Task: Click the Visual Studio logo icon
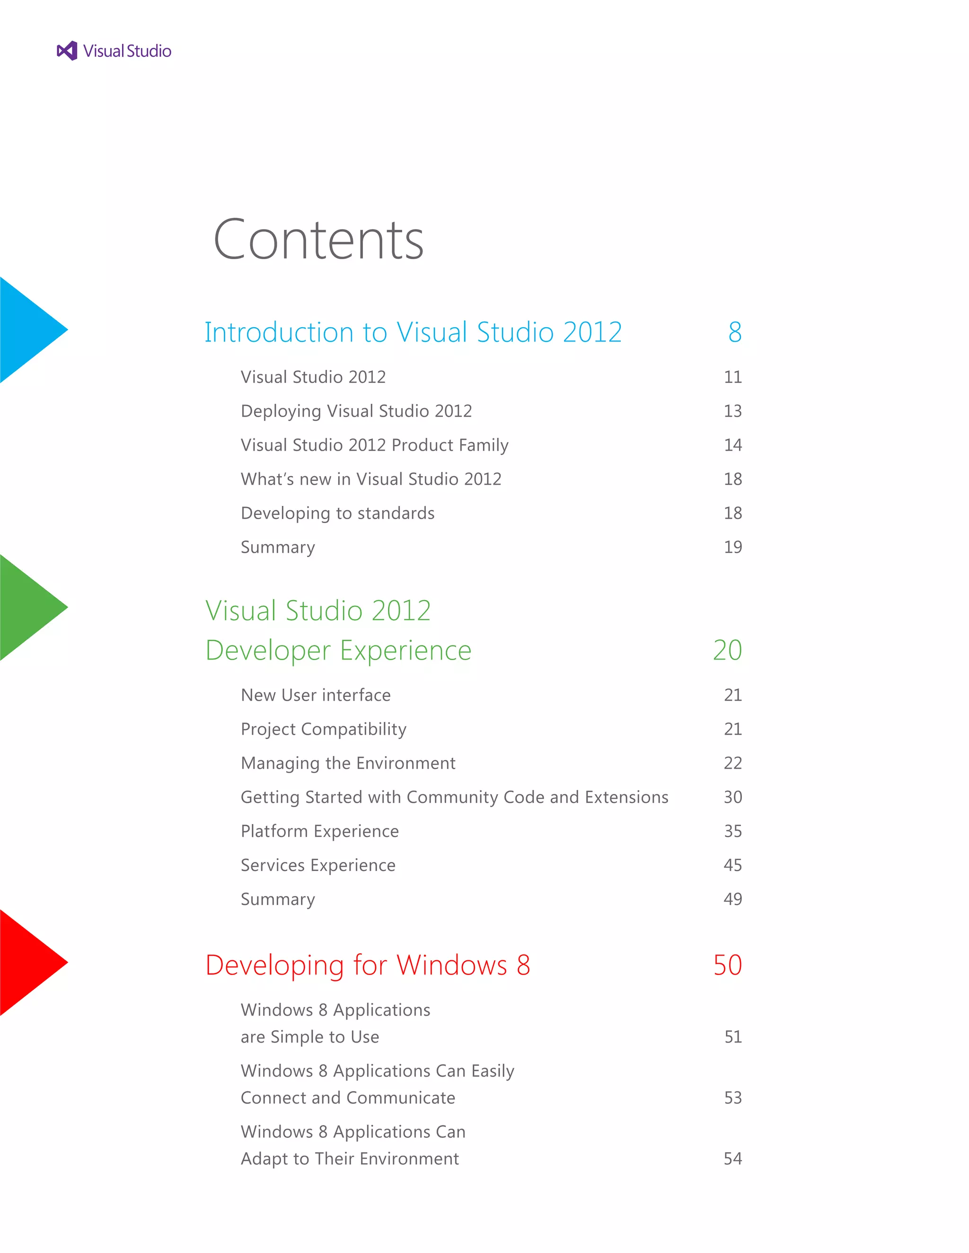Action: [x=67, y=51]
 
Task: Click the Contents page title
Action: [x=318, y=240]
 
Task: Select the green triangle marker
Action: [x=29, y=607]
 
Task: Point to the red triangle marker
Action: [x=29, y=962]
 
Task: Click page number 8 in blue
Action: [x=734, y=332]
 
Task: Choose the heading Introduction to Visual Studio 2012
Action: [x=413, y=332]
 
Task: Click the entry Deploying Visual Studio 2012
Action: [x=356, y=411]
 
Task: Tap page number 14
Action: [x=732, y=445]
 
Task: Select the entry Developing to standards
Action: [x=337, y=513]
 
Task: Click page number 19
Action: [x=732, y=548]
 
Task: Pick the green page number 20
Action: [x=727, y=650]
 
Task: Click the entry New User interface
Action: [x=316, y=696]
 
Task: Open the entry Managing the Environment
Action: [x=348, y=763]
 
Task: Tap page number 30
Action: [x=732, y=797]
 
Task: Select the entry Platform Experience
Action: [x=320, y=831]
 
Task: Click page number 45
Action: [x=732, y=865]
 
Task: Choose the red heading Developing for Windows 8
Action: [x=367, y=965]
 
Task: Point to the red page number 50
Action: [x=727, y=965]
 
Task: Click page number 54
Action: [x=732, y=1158]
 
